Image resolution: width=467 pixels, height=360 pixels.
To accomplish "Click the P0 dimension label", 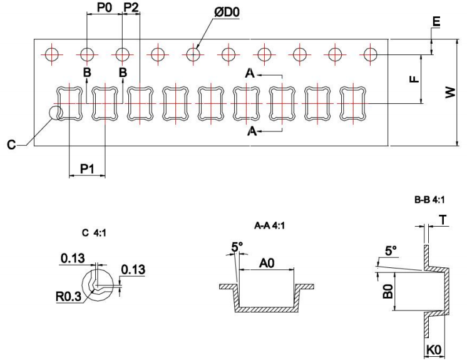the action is point(105,8).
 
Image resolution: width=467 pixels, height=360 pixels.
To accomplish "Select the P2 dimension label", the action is point(131,8).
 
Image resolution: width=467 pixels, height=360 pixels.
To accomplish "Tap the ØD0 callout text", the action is point(227,13).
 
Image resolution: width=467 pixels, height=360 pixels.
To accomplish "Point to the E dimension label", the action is point(436,22).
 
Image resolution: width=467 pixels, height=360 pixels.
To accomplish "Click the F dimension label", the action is point(414,79).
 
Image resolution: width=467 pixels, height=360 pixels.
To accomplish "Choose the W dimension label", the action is point(451,92).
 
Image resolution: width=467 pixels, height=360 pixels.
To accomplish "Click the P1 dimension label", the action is point(87,169).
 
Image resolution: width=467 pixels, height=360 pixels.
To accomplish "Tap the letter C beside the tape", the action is point(11,145).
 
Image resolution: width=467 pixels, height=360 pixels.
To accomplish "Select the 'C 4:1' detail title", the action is point(94,232).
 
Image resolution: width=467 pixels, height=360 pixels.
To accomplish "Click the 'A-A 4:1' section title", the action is point(269,226).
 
